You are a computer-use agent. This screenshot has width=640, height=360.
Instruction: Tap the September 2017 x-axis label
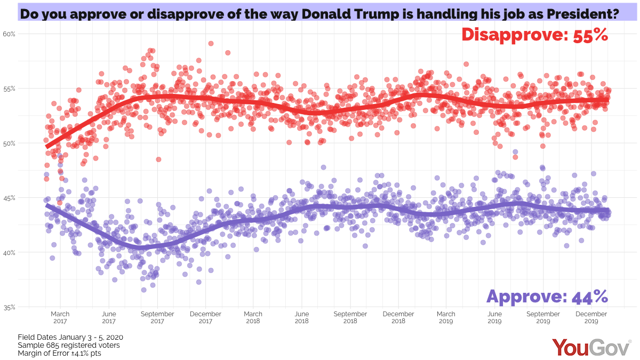click(x=157, y=318)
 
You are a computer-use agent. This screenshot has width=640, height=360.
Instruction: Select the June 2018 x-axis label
click(x=302, y=318)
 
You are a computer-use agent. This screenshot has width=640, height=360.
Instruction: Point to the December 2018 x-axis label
click(x=398, y=318)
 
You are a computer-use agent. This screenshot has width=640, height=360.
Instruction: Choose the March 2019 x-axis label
click(x=446, y=318)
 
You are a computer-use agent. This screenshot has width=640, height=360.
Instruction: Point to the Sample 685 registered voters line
click(x=68, y=345)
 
